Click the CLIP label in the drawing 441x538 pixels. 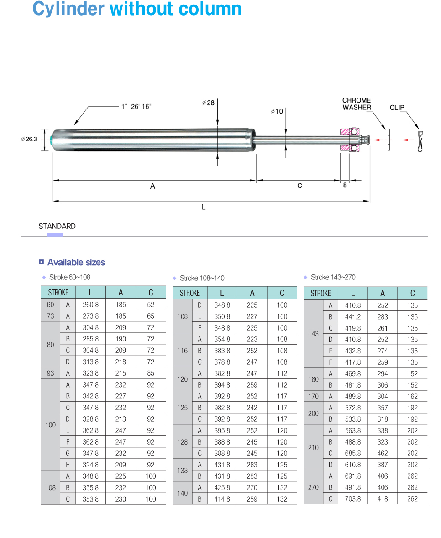tap(397, 108)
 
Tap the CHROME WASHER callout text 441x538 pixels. tap(357, 104)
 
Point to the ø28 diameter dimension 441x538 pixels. tap(208, 103)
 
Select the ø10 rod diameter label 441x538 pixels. tap(277, 111)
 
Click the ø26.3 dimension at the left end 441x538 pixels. tap(29, 139)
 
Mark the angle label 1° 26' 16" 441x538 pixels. tap(136, 107)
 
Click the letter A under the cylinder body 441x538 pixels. tap(152, 186)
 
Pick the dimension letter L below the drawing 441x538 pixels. tap(204, 207)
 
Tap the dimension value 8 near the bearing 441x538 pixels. tap(345, 185)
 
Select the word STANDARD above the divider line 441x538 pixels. tap(57, 226)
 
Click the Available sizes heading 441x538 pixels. tap(76, 262)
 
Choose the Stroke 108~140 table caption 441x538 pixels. tap(202, 278)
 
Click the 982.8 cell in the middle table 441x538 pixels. tap(222, 408)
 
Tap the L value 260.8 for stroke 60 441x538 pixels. tap(90, 305)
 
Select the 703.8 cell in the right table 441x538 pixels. tap(352, 499)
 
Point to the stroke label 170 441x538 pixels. tap(313, 396)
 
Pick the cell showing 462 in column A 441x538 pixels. tap(383, 453)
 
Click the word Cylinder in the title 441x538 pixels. tap(68, 9)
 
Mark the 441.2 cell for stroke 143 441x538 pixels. tap(352, 317)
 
